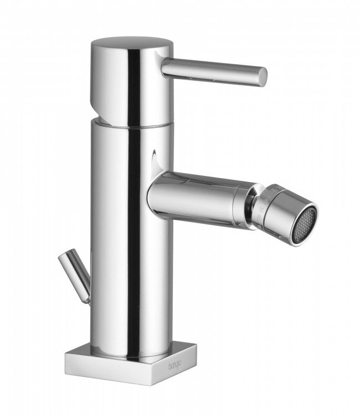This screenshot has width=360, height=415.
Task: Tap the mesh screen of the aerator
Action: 305,224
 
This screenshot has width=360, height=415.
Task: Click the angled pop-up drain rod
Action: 77,274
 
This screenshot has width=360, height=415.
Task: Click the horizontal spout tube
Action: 194,196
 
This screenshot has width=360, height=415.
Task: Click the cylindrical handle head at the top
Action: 130,83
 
